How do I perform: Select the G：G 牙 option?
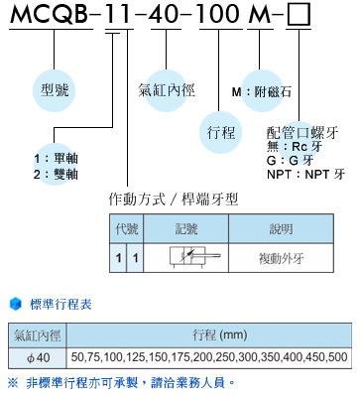point(289,160)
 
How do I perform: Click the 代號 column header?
point(129,228)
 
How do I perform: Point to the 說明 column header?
point(282,228)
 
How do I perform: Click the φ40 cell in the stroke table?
point(36,356)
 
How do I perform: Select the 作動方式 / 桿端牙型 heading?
point(174,198)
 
